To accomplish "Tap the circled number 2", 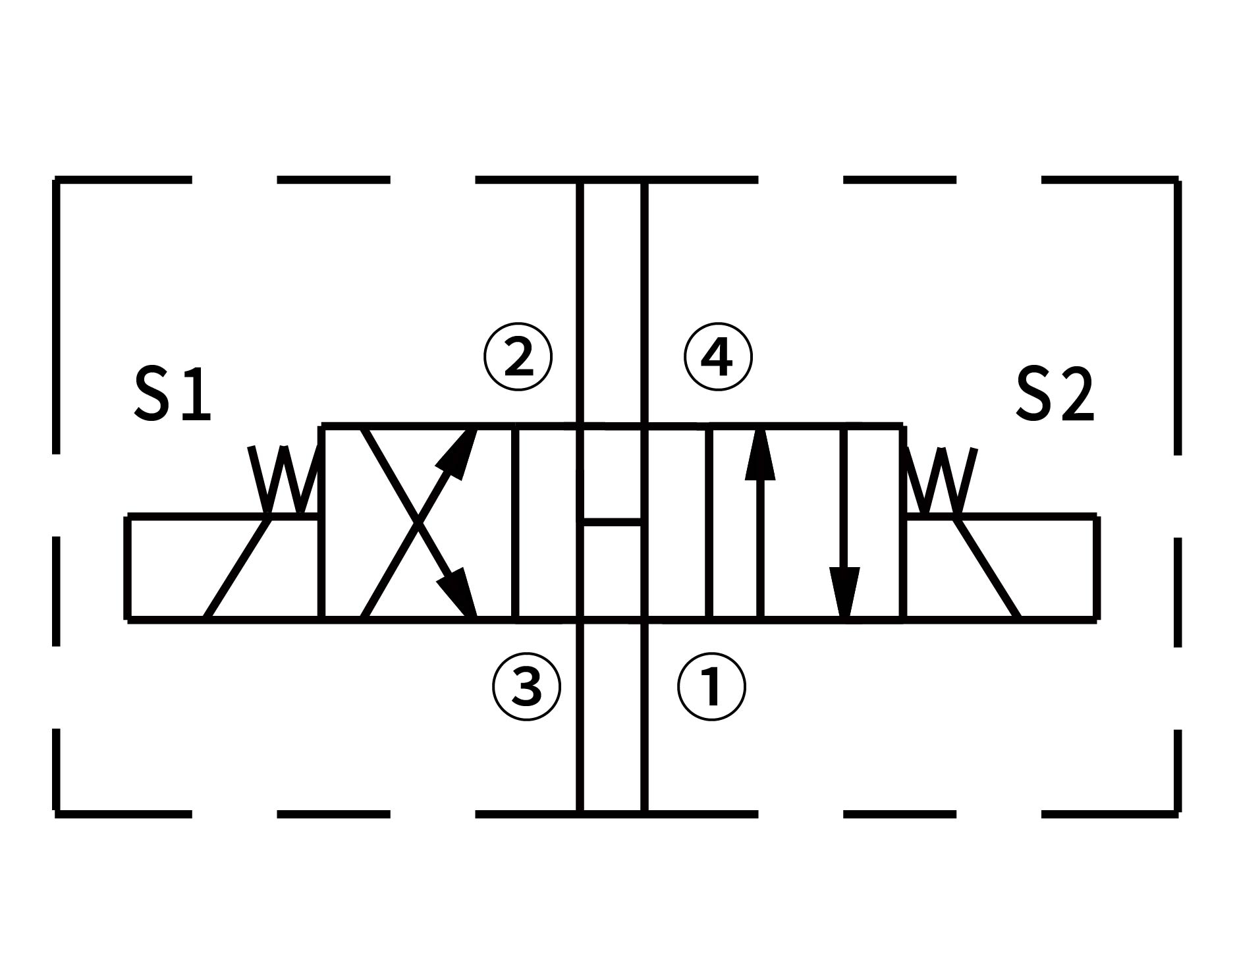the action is click(x=518, y=358).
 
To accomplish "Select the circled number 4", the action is click(x=718, y=358).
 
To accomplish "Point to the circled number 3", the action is click(x=527, y=686).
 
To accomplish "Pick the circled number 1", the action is click(x=711, y=686).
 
